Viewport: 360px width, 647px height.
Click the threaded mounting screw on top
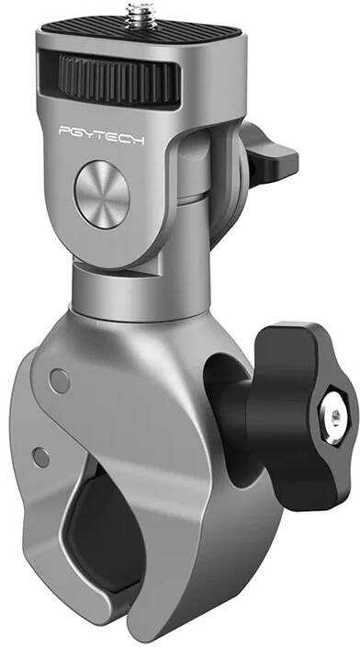(141, 17)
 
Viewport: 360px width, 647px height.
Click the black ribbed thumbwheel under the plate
(119, 79)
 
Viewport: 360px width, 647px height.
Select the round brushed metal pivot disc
(102, 194)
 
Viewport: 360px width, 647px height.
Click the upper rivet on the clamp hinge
(60, 380)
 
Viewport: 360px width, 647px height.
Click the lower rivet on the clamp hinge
(40, 457)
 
